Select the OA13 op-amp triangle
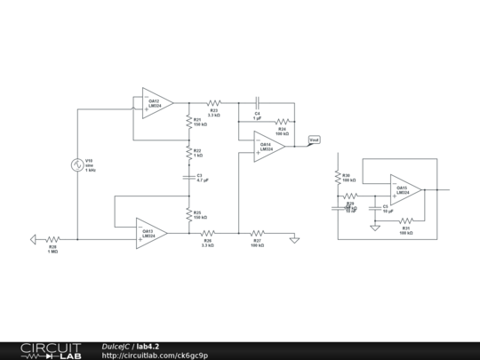coord(151,233)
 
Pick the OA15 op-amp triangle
coord(405,189)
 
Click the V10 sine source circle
coord(77,165)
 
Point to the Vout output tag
coord(314,140)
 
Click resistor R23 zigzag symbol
coord(213,103)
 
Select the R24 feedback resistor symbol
coord(282,121)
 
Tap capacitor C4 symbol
coord(257,103)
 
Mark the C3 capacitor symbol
coord(188,178)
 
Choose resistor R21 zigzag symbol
coord(188,123)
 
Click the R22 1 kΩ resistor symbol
coord(188,152)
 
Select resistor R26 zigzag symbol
coord(208,233)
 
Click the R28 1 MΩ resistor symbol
coord(52,238)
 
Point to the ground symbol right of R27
coord(295,237)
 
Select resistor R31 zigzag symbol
coord(405,220)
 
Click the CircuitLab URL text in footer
coord(155,356)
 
